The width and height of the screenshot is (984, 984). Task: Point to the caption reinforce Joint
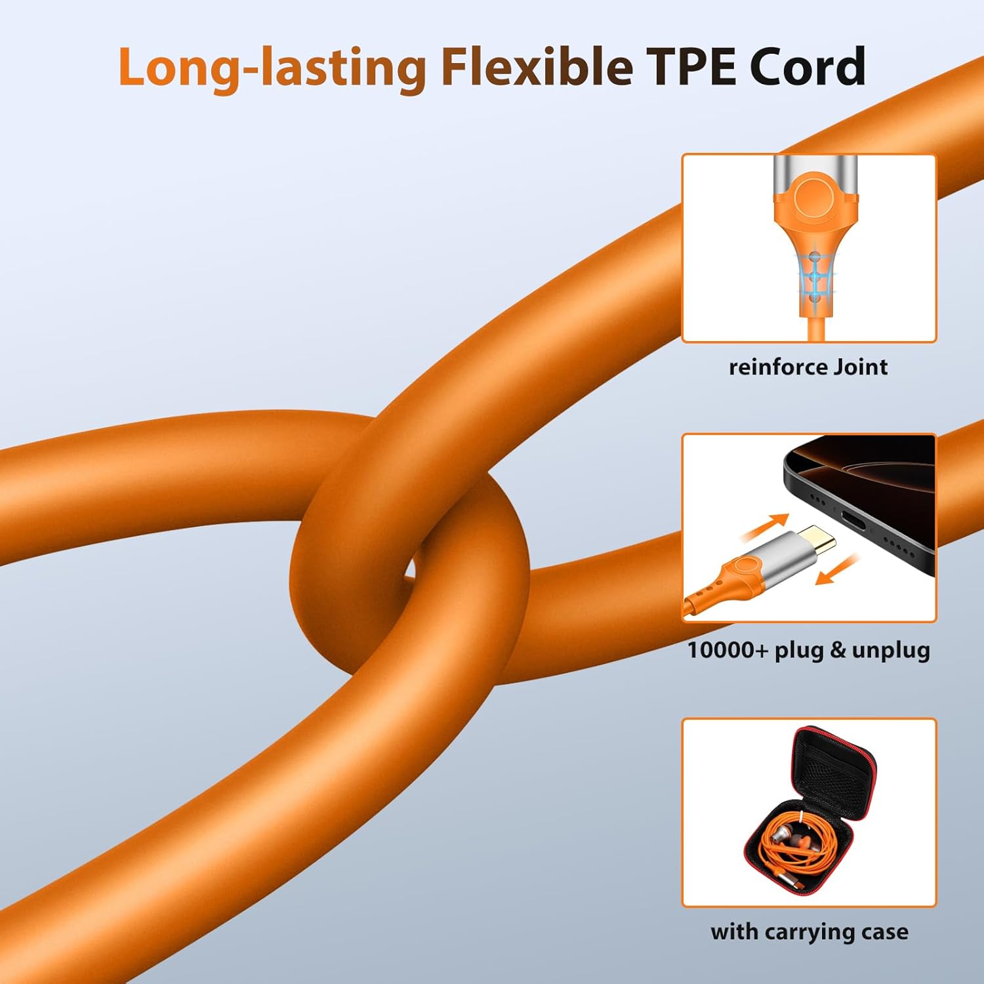tap(808, 367)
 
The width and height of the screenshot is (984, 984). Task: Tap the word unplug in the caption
tap(891, 650)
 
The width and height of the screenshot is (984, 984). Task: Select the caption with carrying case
tap(810, 932)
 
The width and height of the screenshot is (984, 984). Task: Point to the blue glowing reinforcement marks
tap(815, 276)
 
